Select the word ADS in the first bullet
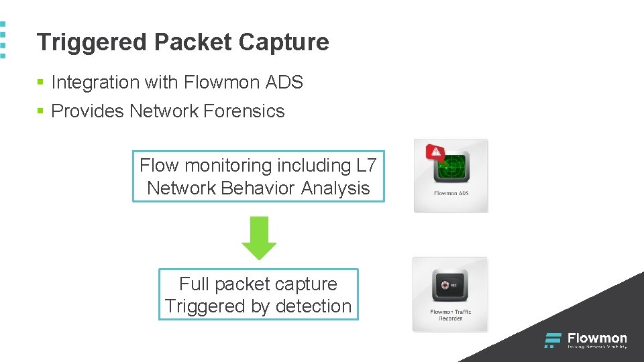click(284, 82)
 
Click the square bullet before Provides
click(40, 111)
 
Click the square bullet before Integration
click(40, 82)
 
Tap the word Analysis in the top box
click(335, 188)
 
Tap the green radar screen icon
click(452, 168)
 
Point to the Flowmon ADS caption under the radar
click(451, 194)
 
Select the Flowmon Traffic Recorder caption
click(450, 315)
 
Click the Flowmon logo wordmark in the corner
click(596, 339)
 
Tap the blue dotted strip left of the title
click(3, 40)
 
